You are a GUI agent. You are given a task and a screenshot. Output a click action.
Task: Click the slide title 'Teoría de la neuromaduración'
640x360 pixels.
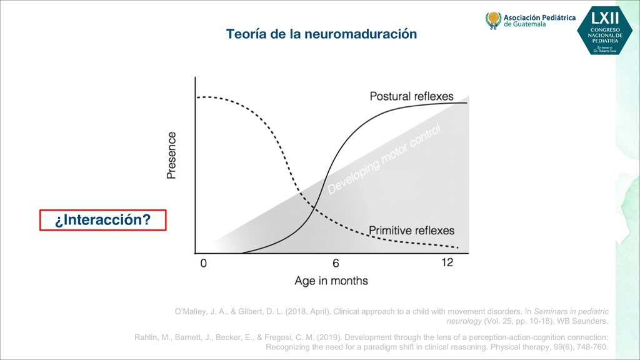[x=321, y=34]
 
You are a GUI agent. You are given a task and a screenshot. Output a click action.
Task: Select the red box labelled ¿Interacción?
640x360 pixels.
[x=103, y=220]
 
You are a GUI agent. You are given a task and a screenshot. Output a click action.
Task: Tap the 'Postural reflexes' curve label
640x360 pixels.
[x=411, y=96]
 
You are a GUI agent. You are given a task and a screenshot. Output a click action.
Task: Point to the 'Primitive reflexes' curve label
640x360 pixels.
[x=411, y=231]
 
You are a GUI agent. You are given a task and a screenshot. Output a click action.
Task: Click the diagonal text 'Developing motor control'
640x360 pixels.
[x=385, y=159]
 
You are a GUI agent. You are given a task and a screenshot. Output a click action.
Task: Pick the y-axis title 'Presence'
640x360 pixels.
[x=172, y=155]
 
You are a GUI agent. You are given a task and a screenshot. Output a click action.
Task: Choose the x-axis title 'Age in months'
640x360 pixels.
[x=331, y=281]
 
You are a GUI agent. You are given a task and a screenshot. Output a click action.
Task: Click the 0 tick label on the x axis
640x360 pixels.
[x=203, y=263]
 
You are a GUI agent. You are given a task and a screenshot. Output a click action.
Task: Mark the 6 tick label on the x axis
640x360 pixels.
[x=336, y=263]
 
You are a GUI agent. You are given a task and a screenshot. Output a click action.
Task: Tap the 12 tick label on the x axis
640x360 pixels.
[x=447, y=263]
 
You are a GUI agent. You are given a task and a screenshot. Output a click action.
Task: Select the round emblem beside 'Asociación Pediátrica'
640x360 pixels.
[x=494, y=20]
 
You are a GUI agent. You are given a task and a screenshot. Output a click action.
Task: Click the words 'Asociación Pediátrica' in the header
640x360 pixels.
[x=539, y=17]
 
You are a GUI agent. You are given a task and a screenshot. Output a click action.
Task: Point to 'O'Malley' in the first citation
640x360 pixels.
[x=191, y=311]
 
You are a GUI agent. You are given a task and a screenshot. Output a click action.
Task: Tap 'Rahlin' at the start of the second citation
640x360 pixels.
[x=147, y=338]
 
